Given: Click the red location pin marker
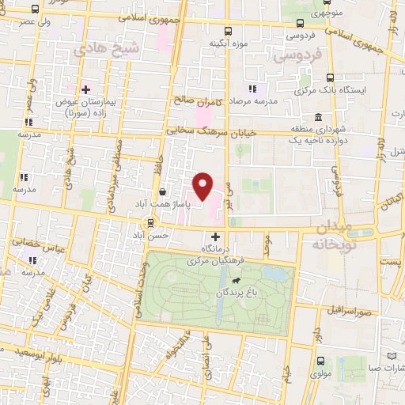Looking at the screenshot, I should [x=203, y=187].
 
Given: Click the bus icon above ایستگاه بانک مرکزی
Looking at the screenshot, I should [x=330, y=78].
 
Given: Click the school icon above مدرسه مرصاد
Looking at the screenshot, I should [x=253, y=89].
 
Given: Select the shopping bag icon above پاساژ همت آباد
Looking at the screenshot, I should [x=162, y=191].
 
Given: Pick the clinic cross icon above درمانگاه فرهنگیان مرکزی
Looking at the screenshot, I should [x=216, y=237].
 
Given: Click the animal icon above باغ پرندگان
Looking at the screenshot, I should [x=235, y=280].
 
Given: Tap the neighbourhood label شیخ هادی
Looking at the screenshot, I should [x=100, y=50].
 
